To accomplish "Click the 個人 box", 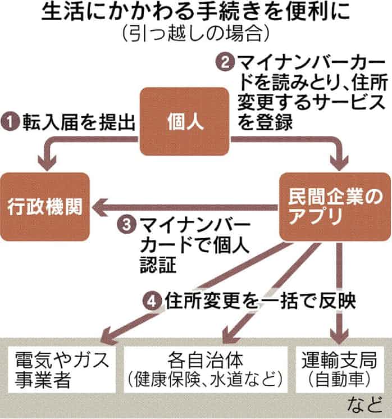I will pyautogui.click(x=185, y=121).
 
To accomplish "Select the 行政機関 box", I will pyautogui.click(x=45, y=207).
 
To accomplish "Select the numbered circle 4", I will pyautogui.click(x=153, y=302).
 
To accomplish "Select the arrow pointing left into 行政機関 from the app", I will pyautogui.click(x=185, y=208).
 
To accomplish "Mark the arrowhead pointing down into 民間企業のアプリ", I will pyautogui.click(x=339, y=165).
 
